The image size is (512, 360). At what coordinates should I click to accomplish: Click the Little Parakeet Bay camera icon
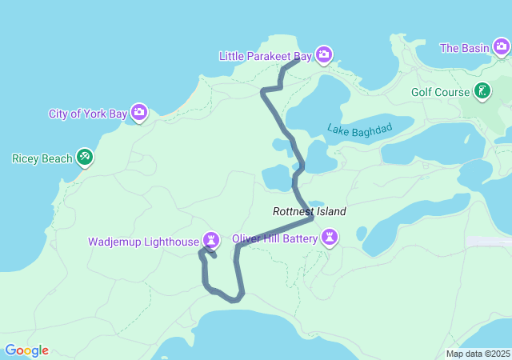(x=323, y=54)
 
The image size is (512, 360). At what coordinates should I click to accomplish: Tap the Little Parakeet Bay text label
(x=266, y=55)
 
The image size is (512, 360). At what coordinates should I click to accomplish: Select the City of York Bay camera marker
(x=139, y=113)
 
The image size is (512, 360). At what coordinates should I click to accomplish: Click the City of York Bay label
(x=87, y=114)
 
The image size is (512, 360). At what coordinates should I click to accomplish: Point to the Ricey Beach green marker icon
(x=85, y=158)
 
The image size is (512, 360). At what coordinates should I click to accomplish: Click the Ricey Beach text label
(x=42, y=158)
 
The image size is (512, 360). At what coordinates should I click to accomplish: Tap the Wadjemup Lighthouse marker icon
(x=210, y=240)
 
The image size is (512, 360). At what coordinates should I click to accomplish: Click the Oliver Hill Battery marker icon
(x=329, y=238)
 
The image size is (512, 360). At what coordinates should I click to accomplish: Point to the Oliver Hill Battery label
(x=274, y=238)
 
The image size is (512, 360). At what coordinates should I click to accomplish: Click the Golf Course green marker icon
(x=482, y=91)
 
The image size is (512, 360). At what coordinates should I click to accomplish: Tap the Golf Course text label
(x=440, y=92)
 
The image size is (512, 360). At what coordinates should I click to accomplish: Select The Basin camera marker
(x=501, y=48)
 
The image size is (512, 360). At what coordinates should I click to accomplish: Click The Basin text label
(x=464, y=48)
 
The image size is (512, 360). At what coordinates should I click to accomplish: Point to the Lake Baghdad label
(x=360, y=128)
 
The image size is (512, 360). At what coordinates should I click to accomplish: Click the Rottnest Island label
(x=310, y=212)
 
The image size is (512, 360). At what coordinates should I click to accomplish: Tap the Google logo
(x=26, y=350)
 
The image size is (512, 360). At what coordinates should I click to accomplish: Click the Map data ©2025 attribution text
(x=478, y=354)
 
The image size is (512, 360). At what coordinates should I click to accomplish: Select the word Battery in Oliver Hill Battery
(x=297, y=238)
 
